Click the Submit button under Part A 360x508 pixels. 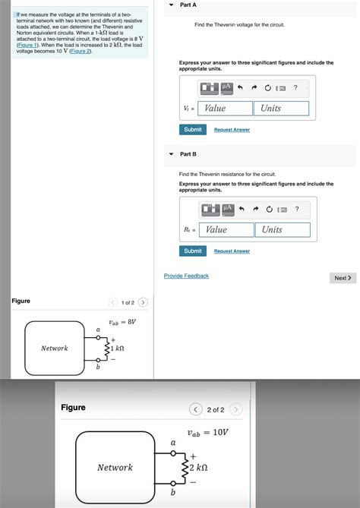[x=193, y=129]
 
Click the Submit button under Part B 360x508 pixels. [x=193, y=251]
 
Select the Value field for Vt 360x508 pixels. [x=226, y=109]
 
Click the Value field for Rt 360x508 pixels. [x=226, y=229]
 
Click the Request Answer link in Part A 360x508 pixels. [x=232, y=130]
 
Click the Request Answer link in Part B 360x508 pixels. [x=232, y=251]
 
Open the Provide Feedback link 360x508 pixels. [x=186, y=276]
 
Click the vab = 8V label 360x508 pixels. [x=122, y=322]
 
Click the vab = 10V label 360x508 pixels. [x=208, y=432]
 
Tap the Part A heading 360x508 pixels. [x=188, y=5]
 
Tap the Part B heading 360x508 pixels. [x=188, y=154]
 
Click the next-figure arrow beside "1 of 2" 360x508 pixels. [x=143, y=303]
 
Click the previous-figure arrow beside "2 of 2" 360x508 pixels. [x=196, y=410]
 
